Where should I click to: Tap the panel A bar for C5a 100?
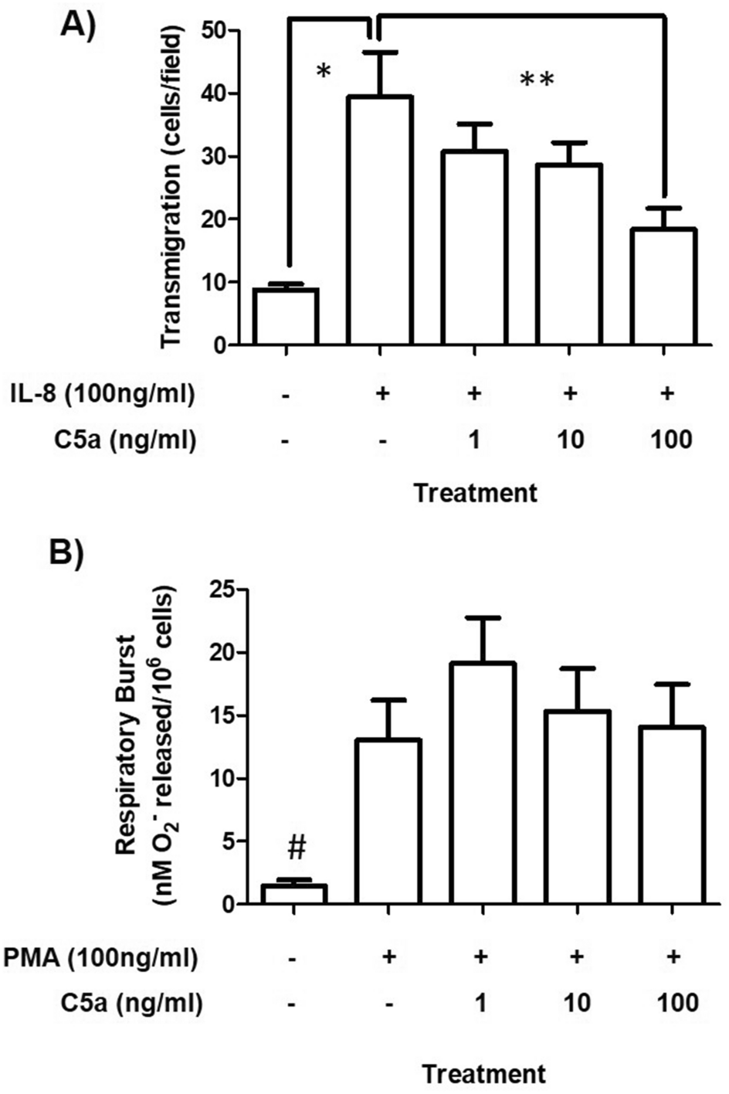click(664, 286)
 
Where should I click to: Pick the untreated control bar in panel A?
click(287, 317)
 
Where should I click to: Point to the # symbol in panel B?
click(297, 848)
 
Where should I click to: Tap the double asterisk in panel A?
click(537, 80)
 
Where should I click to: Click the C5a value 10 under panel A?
click(570, 440)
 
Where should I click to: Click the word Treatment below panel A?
click(475, 493)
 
